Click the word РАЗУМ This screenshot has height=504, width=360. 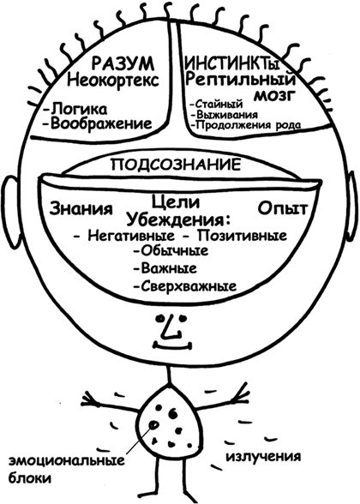[x=123, y=64]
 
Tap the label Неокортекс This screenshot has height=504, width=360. [x=113, y=80]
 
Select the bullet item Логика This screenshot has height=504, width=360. [x=75, y=110]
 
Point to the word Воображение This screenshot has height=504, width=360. [x=98, y=123]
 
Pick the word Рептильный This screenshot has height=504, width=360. [x=241, y=81]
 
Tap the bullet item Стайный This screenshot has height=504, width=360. [x=216, y=104]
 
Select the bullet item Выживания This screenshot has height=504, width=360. [x=224, y=115]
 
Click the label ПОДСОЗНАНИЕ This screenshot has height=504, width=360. [x=176, y=165]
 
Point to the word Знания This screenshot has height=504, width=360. [x=81, y=209]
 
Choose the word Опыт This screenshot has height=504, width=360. [x=283, y=209]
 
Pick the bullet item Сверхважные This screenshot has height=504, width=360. [x=185, y=285]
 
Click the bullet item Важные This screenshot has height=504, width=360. [x=165, y=267]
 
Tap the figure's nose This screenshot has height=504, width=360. [x=170, y=327]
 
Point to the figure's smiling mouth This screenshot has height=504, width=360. [x=173, y=346]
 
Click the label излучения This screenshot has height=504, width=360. [x=264, y=457]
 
